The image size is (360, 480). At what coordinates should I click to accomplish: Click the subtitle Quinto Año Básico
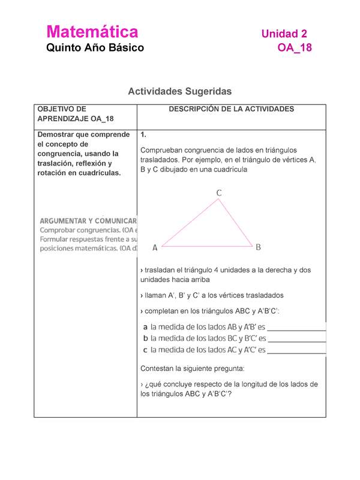point(95,48)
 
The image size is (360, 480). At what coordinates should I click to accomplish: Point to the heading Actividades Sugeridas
point(179,92)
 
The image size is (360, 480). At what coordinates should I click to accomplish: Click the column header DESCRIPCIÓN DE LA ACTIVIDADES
point(231,109)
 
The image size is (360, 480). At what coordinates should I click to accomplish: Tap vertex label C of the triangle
point(219,193)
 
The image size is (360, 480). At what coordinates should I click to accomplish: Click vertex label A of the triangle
point(155,247)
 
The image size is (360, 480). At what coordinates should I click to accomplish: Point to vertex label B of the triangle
point(258,247)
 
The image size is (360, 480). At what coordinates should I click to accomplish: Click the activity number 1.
point(142,134)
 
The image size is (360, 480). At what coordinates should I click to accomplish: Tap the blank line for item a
point(296,329)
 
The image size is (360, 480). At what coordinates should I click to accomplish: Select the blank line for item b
point(296,340)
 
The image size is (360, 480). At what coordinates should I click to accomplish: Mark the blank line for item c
point(296,350)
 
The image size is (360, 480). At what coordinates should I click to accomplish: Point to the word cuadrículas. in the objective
point(96,173)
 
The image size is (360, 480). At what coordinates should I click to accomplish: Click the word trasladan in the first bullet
point(163,270)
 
